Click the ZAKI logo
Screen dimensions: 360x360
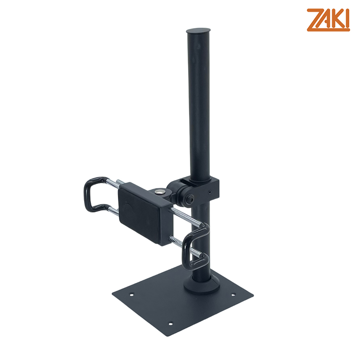328,20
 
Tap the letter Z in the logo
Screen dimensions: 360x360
314,20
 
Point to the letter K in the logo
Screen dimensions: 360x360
337,20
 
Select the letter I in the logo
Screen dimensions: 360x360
347,20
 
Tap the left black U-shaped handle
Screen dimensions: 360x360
93,195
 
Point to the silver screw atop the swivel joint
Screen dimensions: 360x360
158,192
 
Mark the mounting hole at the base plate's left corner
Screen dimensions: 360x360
131,295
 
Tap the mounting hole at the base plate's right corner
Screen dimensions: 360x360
233,295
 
